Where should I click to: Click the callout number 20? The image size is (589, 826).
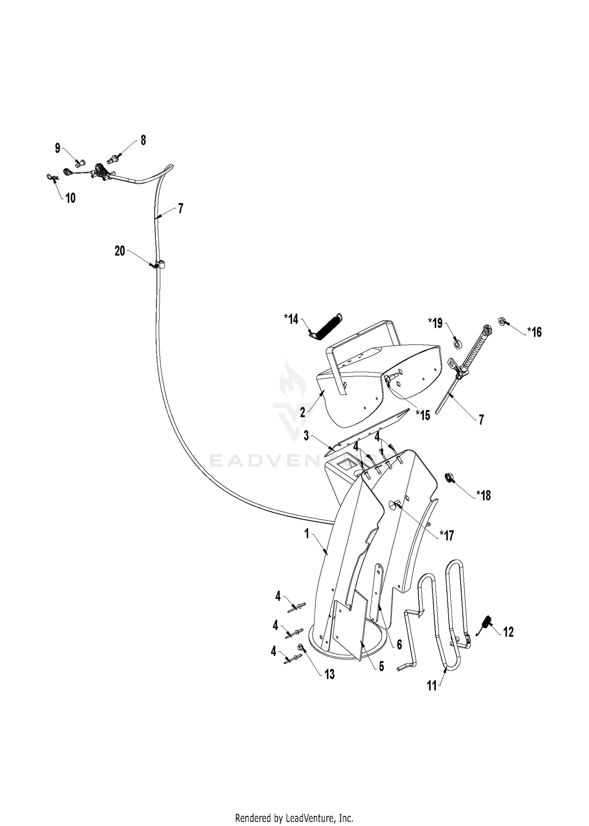pos(120,251)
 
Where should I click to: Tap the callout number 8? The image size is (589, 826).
pos(143,140)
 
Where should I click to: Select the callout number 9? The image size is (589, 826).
pos(58,149)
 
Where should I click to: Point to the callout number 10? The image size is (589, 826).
pos(70,198)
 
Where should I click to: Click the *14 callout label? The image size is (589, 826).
pos(291,319)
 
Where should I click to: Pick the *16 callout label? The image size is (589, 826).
pos(534,332)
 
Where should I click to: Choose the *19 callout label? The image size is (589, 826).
pos(435,323)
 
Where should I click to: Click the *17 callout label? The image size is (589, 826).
pos(446,535)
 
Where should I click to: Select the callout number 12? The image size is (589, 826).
pos(508,632)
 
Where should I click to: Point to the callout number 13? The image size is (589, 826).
pos(329,674)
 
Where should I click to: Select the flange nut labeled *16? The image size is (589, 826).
pos(501,321)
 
